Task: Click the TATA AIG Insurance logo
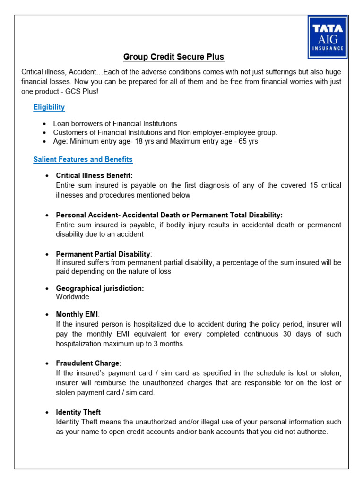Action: [328, 36]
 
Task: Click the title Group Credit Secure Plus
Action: [173, 57]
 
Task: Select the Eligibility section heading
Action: [49, 107]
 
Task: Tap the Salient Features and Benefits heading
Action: [83, 159]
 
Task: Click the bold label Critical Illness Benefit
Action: [94, 176]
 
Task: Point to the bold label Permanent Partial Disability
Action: [103, 254]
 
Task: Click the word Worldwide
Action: [72, 297]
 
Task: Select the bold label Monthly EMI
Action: [78, 315]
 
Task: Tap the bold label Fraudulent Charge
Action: [88, 363]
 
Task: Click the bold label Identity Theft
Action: [78, 412]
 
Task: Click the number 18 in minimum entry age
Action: [149, 141]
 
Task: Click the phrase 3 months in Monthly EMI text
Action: [171, 344]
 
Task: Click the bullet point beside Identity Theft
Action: [47, 413]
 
